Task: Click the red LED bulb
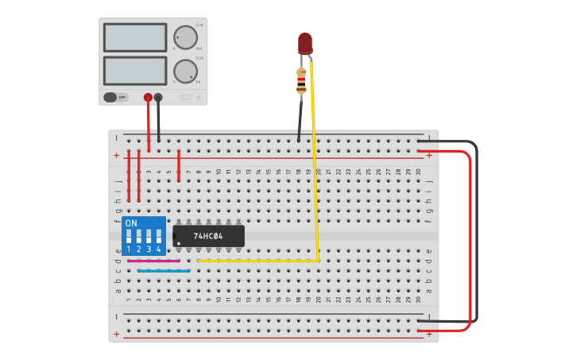point(305,43)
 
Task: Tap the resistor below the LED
point(301,80)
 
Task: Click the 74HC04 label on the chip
point(208,236)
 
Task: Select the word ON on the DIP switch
point(131,223)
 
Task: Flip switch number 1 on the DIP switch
point(129,236)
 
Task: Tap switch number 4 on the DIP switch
point(158,236)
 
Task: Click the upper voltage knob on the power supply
point(185,37)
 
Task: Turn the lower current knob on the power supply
point(185,72)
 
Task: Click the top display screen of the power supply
point(135,37)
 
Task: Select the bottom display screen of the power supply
point(135,71)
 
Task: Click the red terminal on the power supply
point(148,98)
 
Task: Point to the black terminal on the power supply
point(158,98)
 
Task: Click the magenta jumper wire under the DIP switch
point(154,261)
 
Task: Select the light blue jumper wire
point(164,271)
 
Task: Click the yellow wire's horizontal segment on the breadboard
point(258,260)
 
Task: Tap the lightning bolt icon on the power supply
point(199,98)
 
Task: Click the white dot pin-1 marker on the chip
point(179,243)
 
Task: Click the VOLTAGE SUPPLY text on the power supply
point(186,97)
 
